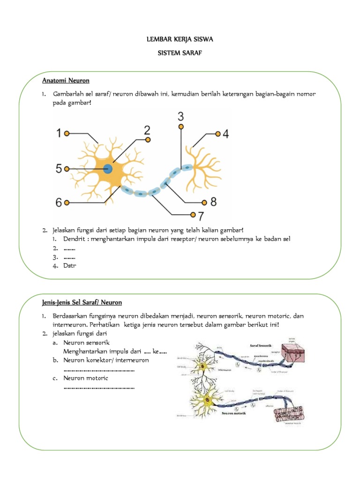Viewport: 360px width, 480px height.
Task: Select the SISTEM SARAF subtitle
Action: point(180,55)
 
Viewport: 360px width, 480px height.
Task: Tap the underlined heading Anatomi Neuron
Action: point(66,81)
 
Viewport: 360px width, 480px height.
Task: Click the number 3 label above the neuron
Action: point(181,116)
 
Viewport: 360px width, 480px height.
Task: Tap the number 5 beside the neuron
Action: point(59,169)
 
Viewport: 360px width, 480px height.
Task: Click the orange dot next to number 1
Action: point(67,134)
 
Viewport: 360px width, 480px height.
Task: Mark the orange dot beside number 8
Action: point(204,203)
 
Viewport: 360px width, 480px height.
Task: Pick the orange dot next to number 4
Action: point(217,134)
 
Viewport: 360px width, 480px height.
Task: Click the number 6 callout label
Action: point(59,203)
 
